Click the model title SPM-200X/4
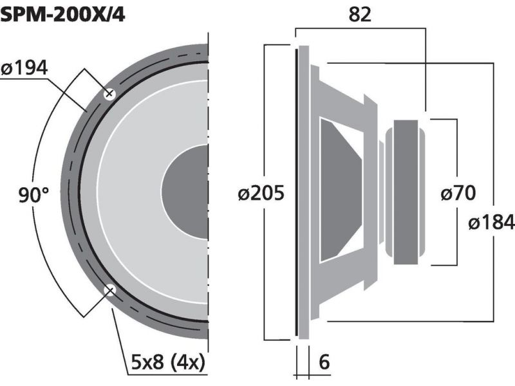click(x=62, y=14)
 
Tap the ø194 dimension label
click(x=24, y=68)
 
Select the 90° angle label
click(x=33, y=195)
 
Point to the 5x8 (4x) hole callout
click(x=168, y=362)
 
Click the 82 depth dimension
click(x=360, y=14)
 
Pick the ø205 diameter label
click(x=261, y=193)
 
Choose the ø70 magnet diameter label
click(x=458, y=192)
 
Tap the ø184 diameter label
click(x=491, y=222)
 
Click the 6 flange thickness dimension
click(x=324, y=362)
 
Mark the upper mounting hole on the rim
click(x=109, y=94)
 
